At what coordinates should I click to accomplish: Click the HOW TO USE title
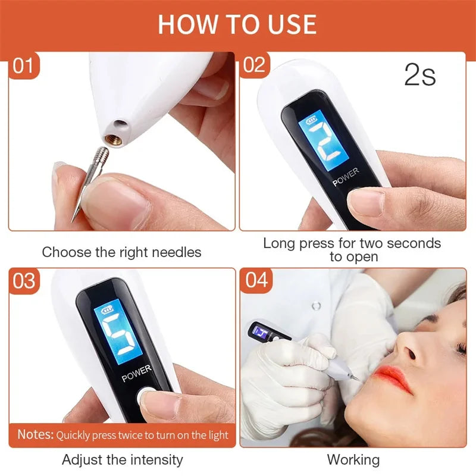click(237, 24)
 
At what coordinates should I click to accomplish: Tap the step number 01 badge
click(23, 65)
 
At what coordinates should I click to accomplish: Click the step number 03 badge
click(24, 280)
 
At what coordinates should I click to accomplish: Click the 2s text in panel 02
click(419, 76)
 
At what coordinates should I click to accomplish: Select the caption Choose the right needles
click(121, 252)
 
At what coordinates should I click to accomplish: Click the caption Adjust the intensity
click(122, 459)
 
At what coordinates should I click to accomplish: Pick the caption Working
click(353, 459)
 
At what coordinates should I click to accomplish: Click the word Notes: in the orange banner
click(35, 434)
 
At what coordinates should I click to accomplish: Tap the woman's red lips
click(393, 378)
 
